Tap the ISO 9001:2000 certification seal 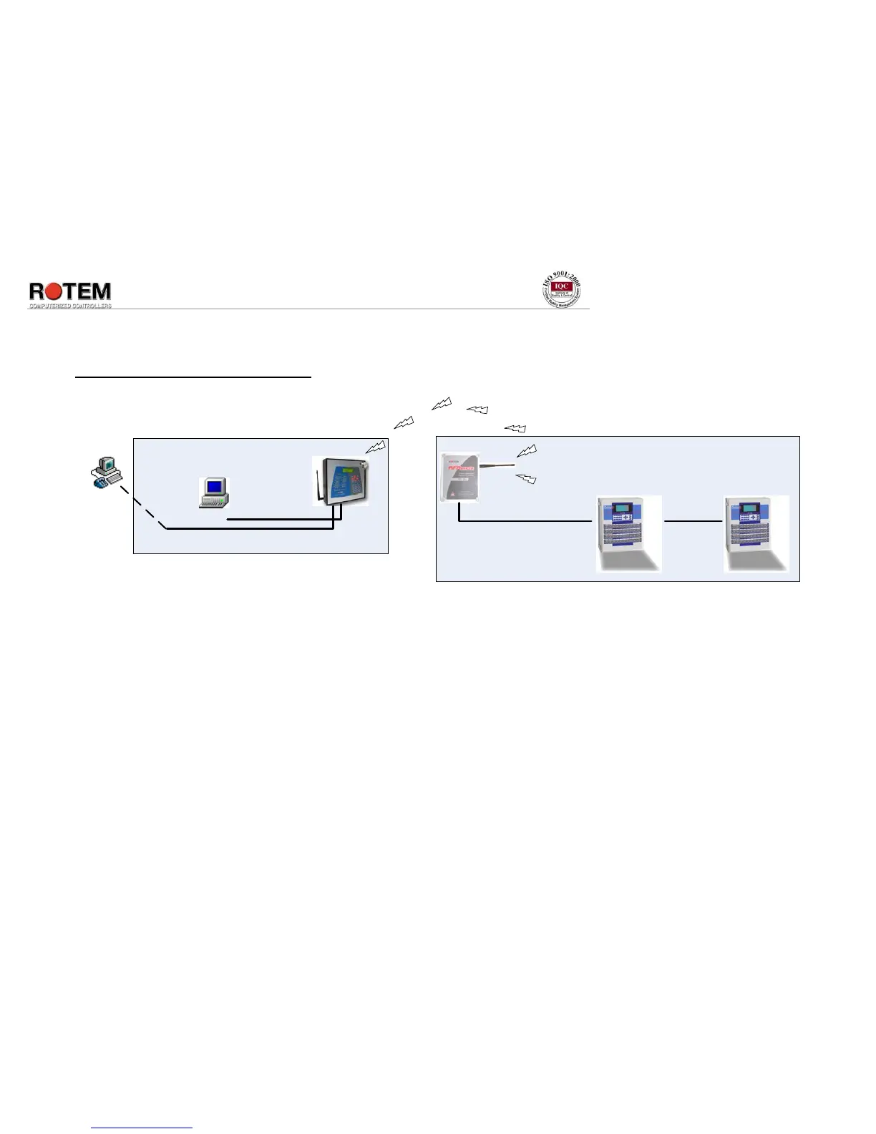tap(562, 291)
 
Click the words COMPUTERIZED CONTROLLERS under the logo tap(70, 306)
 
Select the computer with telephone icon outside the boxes tap(105, 472)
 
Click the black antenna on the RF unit tap(497, 466)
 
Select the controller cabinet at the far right tap(756, 533)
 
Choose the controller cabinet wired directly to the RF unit tap(628, 533)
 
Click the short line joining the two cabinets tap(693, 521)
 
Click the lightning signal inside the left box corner tap(376, 447)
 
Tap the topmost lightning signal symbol tap(442, 404)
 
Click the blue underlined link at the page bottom tap(142, 1128)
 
